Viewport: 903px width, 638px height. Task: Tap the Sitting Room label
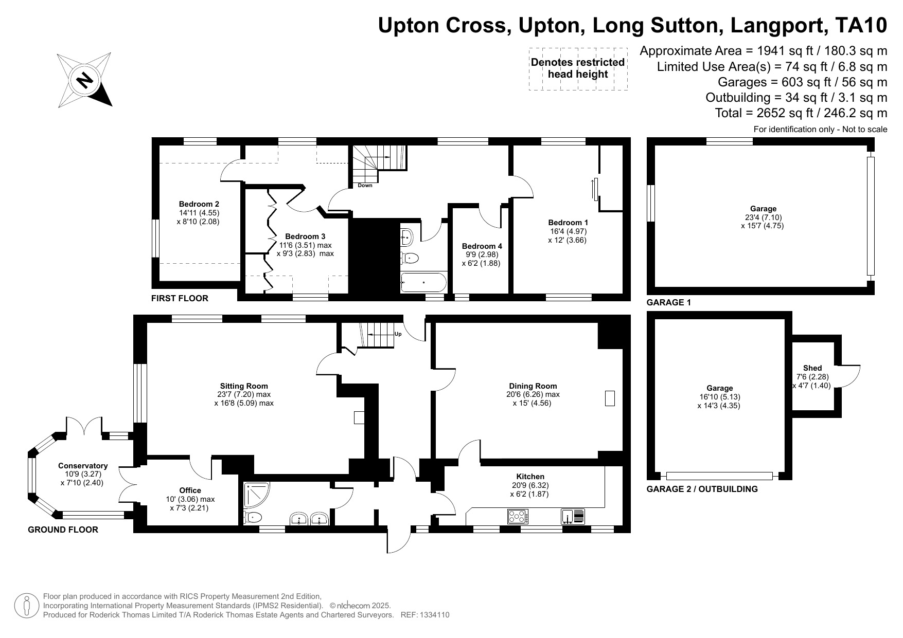pyautogui.click(x=244, y=386)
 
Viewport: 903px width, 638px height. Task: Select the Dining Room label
pyautogui.click(x=533, y=386)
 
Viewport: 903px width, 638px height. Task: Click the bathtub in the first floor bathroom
pyautogui.click(x=424, y=282)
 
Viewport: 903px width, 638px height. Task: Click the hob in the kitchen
pyautogui.click(x=518, y=516)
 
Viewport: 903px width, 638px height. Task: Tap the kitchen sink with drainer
pyautogui.click(x=574, y=516)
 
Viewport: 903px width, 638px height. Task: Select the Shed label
pyautogui.click(x=812, y=368)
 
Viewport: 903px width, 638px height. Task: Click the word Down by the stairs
pyautogui.click(x=365, y=186)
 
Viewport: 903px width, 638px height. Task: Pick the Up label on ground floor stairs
pyautogui.click(x=398, y=334)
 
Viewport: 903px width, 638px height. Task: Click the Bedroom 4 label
pyautogui.click(x=482, y=246)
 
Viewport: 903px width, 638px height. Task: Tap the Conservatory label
pyautogui.click(x=83, y=466)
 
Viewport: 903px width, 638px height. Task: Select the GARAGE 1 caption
pyautogui.click(x=668, y=303)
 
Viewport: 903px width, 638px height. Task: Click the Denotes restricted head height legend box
pyautogui.click(x=578, y=68)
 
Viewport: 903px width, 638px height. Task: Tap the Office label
pyautogui.click(x=190, y=490)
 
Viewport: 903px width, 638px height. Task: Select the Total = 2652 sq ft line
pyautogui.click(x=801, y=113)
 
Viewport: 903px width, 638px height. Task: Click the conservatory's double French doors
pyautogui.click(x=84, y=427)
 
